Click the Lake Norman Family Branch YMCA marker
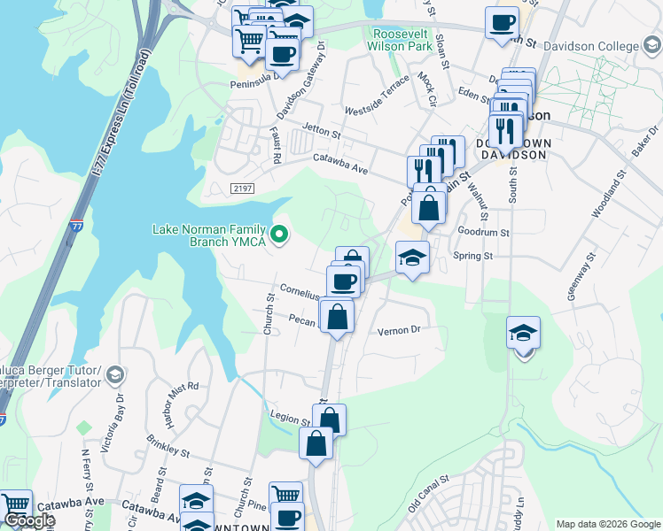pos(280,235)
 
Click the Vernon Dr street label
pos(397,330)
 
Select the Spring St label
pos(472,256)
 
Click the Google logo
pos(29,520)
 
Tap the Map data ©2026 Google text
pos(607,524)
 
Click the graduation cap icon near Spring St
pos(412,258)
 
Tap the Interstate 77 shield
pos(77,228)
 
